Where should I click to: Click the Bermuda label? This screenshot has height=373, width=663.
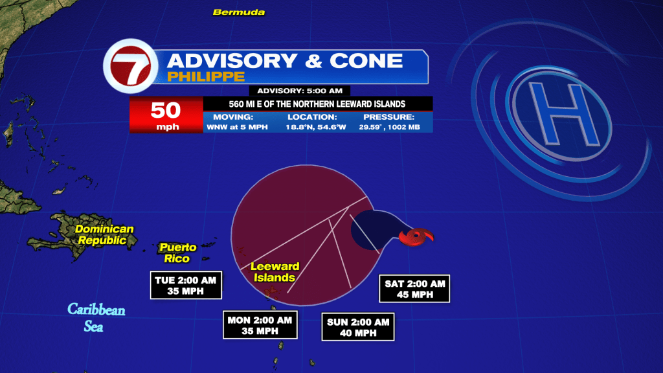coord(239,12)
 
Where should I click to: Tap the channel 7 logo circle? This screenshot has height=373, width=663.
coord(131,66)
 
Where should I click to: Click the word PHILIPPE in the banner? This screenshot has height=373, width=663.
coord(206,76)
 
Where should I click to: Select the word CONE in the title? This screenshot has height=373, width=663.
coord(366,60)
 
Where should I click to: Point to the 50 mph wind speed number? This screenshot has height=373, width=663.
coord(166,110)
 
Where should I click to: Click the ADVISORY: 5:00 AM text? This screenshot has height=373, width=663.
coord(299,91)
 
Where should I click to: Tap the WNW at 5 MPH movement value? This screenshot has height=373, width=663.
coord(237,127)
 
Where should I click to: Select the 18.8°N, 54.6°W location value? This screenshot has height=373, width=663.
coord(316,127)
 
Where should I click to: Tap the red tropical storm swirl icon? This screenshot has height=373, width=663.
coord(416,236)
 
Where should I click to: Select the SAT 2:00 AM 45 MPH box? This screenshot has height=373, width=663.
coord(414,289)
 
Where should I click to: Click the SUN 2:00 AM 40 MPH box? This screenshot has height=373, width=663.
coord(358,327)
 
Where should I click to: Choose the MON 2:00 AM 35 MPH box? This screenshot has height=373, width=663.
coord(260,325)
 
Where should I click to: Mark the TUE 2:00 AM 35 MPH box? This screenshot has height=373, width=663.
coord(186,285)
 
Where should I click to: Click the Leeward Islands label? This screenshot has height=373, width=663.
coord(275,272)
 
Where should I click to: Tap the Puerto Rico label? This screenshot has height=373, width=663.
coord(177,253)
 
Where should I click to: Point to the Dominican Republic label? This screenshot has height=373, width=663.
coord(104,234)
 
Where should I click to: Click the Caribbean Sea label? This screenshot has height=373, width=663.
coord(96,317)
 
